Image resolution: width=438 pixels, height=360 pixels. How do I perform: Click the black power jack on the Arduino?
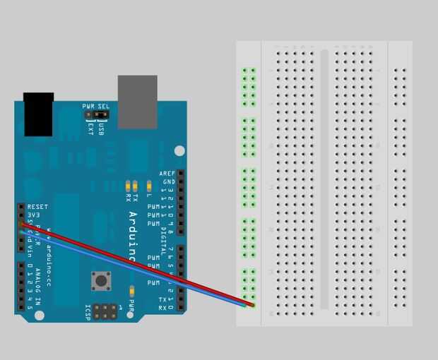coord(38,114)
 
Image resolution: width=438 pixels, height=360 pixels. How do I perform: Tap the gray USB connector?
coord(137,102)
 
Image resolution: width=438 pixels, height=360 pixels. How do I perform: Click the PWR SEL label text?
coord(95,106)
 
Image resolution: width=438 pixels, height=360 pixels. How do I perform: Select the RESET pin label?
coord(38,207)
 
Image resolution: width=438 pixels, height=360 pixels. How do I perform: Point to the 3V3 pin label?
coord(33,215)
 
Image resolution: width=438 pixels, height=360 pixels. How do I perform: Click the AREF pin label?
coord(167,173)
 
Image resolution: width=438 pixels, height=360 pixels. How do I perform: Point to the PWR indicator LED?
coord(132,290)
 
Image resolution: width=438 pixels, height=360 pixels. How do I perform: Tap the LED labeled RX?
coord(128,186)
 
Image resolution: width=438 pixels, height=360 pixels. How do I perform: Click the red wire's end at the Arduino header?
coord(21,224)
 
